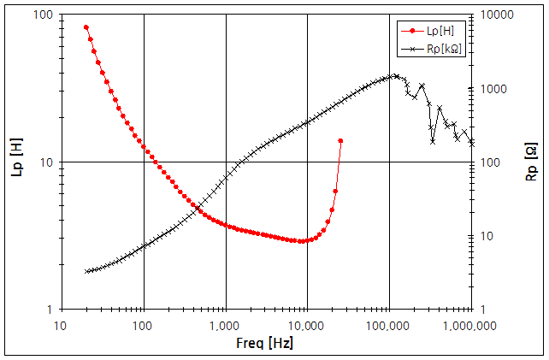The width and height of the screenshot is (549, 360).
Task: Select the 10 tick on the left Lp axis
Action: tap(46, 162)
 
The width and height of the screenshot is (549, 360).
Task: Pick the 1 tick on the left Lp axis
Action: tap(50, 310)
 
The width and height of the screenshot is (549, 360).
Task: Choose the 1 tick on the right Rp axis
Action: tap(483, 310)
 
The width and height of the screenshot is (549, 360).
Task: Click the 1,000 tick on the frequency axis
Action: tap(226, 326)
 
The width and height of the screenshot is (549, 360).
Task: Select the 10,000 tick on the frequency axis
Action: tap(308, 326)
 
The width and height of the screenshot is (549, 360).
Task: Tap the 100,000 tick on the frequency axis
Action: tap(390, 326)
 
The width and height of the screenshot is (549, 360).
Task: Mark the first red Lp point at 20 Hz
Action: tap(86, 27)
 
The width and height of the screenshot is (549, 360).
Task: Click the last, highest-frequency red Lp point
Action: tap(340, 140)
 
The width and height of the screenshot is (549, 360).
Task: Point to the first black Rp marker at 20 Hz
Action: tap(86, 271)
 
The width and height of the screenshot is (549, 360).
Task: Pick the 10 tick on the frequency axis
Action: tap(62, 326)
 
